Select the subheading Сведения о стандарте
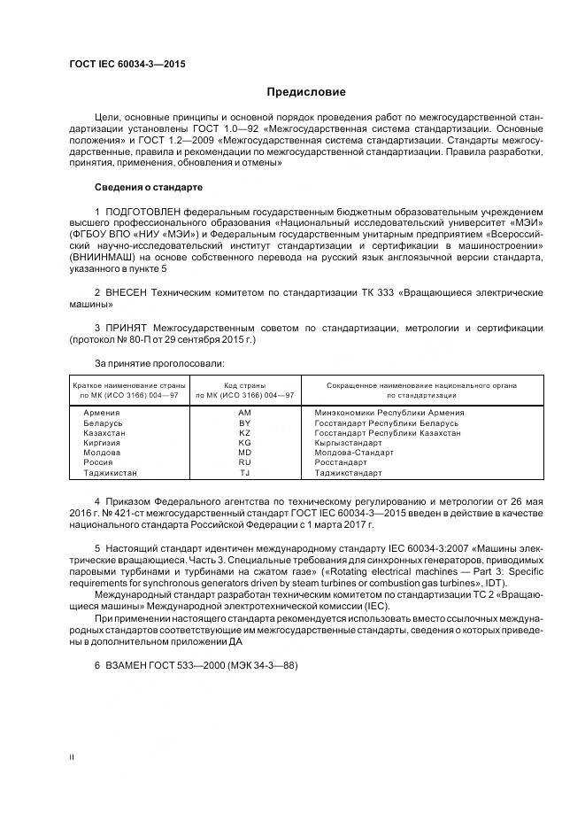(x=149, y=188)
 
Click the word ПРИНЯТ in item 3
(x=129, y=328)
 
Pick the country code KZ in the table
(x=245, y=433)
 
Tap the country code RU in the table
(x=245, y=462)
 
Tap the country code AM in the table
(x=245, y=413)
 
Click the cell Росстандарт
(x=340, y=462)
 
